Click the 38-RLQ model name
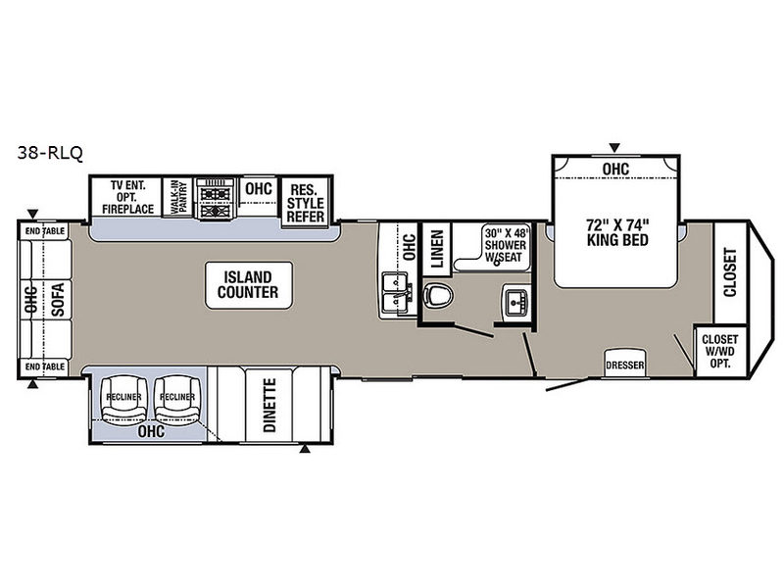[50, 152]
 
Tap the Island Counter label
[248, 284]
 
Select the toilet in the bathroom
[437, 296]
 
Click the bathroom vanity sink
[515, 302]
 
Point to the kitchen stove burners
[215, 199]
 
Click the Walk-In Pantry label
[178, 197]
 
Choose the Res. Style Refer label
[305, 204]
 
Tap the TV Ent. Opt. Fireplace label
[128, 197]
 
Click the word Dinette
[269, 405]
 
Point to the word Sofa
[58, 300]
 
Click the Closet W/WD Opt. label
[719, 351]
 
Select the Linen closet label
[437, 249]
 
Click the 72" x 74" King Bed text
[617, 232]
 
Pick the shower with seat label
[506, 245]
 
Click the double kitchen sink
[397, 295]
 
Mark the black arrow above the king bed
[614, 148]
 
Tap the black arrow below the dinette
[305, 449]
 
